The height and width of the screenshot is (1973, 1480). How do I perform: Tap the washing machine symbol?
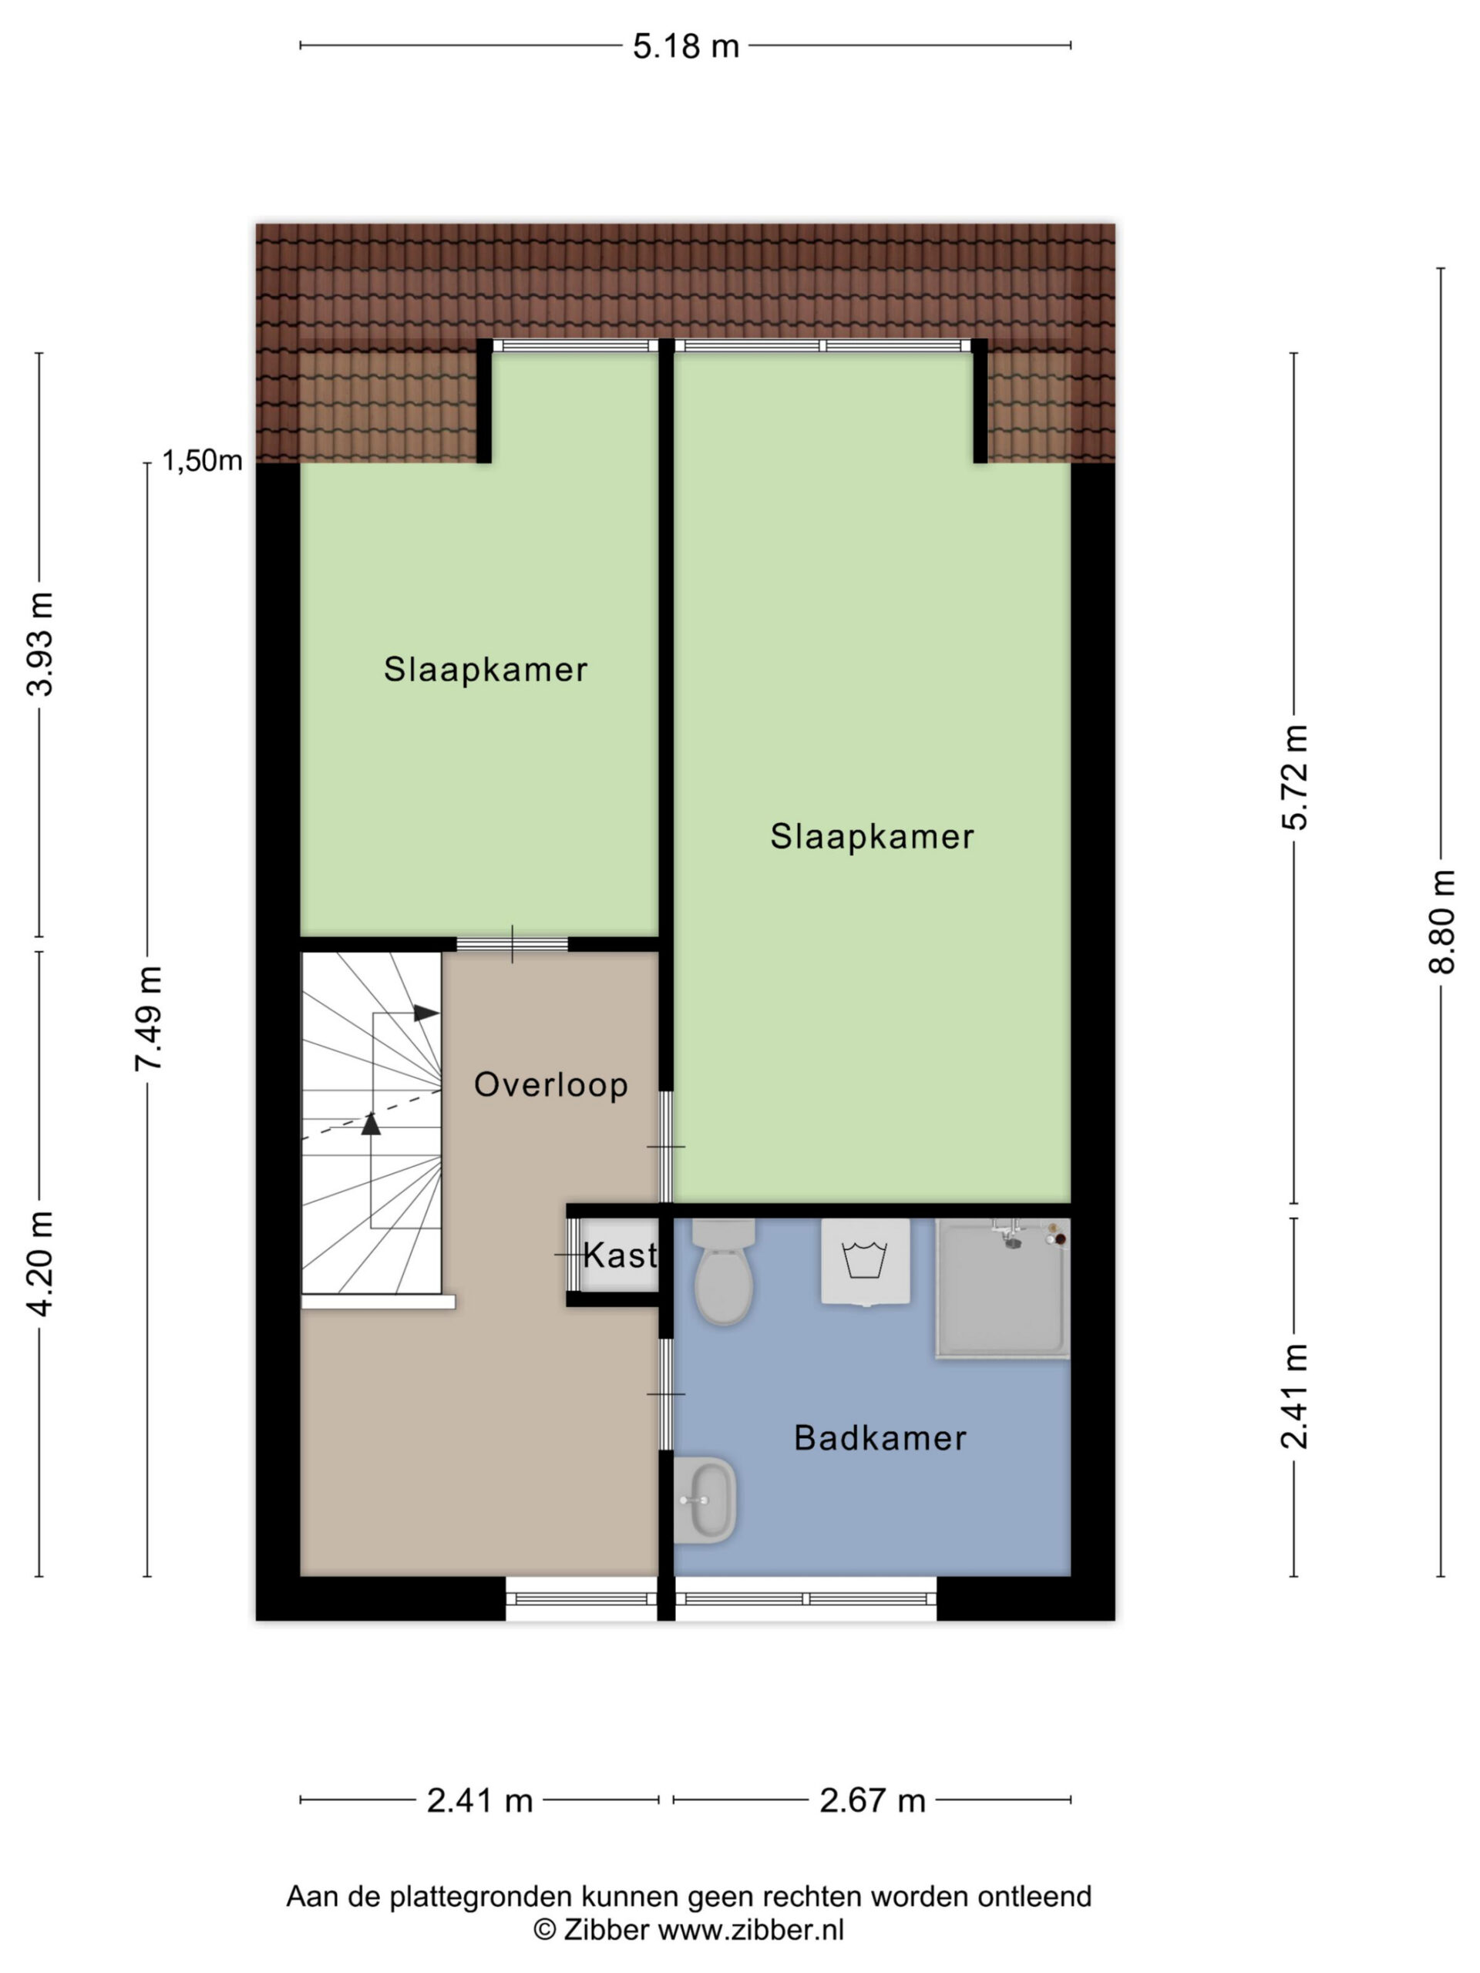(864, 1261)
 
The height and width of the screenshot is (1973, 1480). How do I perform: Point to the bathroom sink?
(705, 1501)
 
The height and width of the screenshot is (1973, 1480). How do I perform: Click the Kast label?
(619, 1256)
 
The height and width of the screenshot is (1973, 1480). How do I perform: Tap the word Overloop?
(550, 1084)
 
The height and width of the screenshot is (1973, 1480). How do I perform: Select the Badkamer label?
(880, 1439)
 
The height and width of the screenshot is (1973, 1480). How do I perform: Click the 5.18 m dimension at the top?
(686, 46)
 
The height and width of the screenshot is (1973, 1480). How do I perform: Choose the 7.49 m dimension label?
(148, 1019)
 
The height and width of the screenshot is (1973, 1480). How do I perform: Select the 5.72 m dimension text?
(1294, 777)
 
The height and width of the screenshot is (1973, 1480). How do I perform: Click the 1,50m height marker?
(202, 460)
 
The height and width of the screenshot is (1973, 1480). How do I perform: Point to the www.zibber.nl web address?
(750, 1930)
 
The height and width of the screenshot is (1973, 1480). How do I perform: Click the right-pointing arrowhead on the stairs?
(426, 1013)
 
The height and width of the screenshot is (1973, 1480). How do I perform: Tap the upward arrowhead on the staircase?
(371, 1124)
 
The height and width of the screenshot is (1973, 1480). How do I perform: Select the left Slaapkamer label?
(486, 669)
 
